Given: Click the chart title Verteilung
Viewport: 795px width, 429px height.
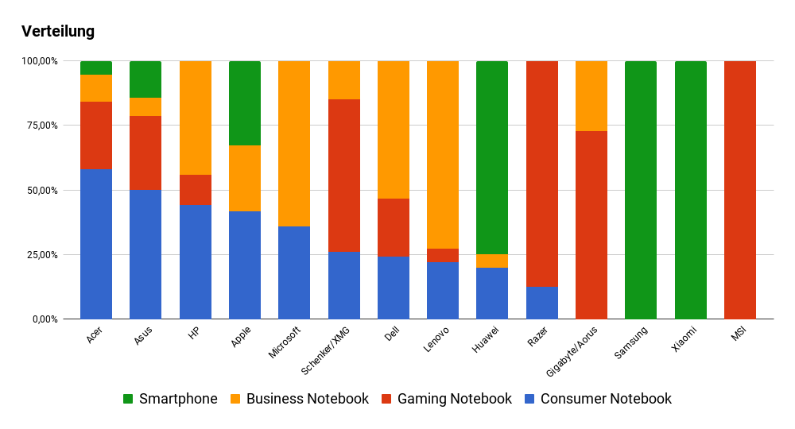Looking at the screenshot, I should coord(58,32).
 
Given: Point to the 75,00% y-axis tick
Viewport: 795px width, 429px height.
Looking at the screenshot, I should coord(41,126).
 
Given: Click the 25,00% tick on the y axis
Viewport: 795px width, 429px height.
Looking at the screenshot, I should coord(41,255).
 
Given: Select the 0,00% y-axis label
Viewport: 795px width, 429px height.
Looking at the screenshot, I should coord(44,319).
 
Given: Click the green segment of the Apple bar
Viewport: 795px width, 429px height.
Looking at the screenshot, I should coord(245,103).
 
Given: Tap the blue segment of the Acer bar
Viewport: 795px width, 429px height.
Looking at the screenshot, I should coord(96,244).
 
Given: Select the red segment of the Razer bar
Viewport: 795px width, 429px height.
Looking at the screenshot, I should coord(542,174).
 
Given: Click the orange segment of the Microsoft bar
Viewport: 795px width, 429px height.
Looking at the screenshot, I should coord(294,144).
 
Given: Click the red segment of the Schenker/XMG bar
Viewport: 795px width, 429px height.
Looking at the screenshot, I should coord(344,176).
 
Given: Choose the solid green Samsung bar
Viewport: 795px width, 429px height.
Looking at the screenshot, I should coord(641,190).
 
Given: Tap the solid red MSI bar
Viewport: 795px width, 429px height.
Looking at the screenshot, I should coord(740,190).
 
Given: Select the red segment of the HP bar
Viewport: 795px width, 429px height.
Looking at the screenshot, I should coord(196,190).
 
